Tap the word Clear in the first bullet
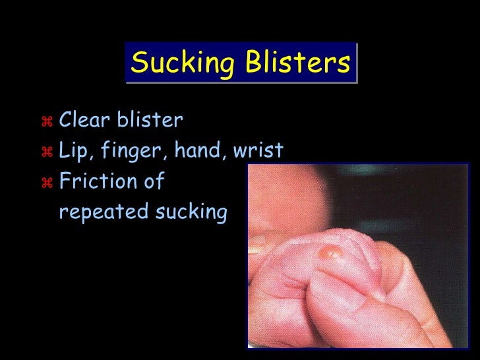tap(83, 121)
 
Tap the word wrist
tap(258, 151)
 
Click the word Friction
tap(96, 181)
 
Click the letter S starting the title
tap(138, 63)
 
